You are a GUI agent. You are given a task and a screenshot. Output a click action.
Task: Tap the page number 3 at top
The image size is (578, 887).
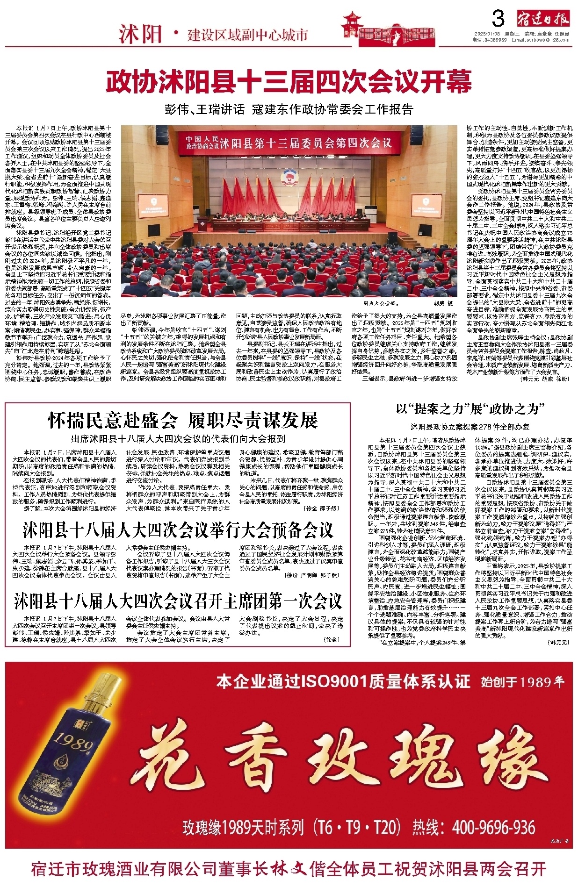[499, 20]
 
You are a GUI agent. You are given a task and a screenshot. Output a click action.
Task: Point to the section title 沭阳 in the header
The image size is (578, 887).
[140, 34]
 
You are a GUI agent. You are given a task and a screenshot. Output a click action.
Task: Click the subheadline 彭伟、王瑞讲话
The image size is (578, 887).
[205, 110]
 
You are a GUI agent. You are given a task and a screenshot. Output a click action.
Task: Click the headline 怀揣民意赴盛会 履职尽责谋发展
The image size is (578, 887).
[183, 420]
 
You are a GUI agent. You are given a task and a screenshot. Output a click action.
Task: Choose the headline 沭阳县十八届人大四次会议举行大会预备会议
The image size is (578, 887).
[178, 530]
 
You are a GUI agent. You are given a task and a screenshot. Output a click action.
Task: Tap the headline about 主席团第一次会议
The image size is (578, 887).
[178, 601]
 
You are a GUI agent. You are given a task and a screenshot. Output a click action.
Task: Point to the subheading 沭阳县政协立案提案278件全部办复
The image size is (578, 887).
[470, 427]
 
